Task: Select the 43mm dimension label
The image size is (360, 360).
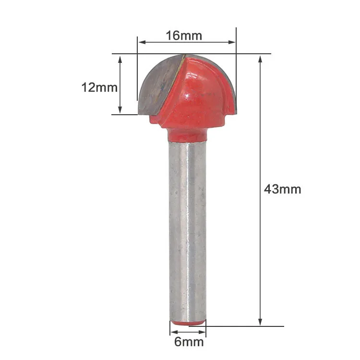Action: tap(282, 189)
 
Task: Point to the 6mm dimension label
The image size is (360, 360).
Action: tap(189, 342)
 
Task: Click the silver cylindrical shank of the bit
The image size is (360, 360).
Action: tap(187, 230)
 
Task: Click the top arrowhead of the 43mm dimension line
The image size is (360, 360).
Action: tap(260, 59)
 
